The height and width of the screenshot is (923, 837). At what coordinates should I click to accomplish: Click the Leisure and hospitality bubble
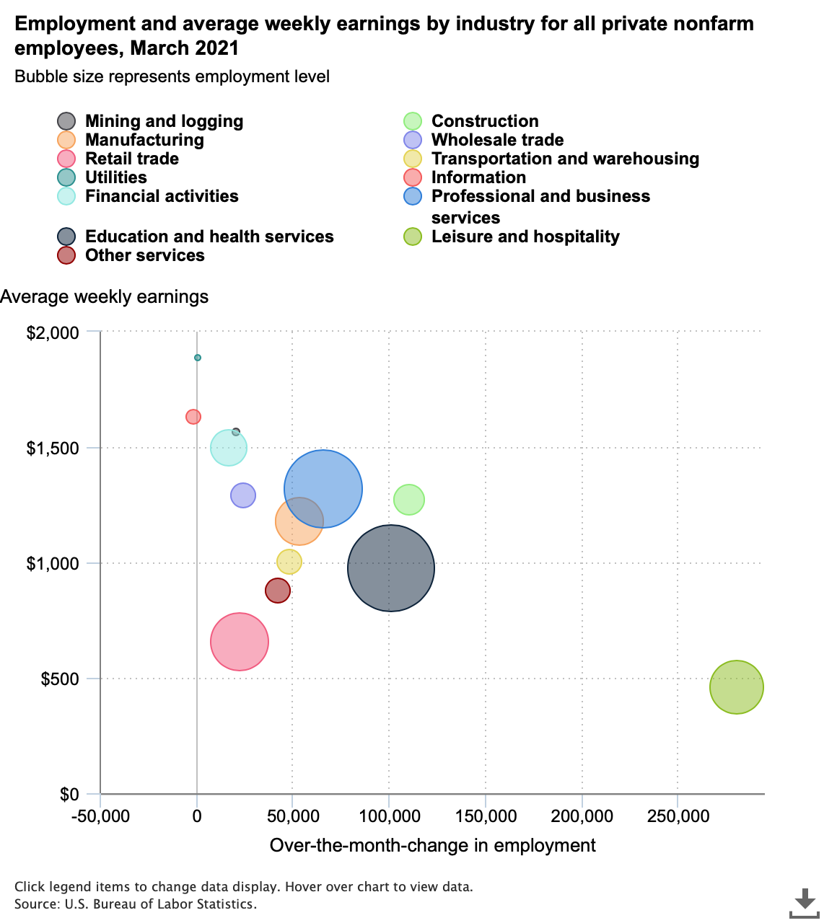coord(736,687)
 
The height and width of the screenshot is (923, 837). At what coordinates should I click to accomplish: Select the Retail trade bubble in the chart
coord(240,642)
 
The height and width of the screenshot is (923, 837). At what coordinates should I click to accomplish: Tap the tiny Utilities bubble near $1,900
coord(198,358)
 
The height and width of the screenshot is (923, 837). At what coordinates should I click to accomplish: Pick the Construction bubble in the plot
coord(409,500)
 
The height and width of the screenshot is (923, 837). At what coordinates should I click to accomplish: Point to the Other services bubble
coord(277,591)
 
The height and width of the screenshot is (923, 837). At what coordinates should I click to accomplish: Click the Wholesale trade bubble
coord(243,495)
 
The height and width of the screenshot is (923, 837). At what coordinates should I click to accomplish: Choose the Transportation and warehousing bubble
coord(289,562)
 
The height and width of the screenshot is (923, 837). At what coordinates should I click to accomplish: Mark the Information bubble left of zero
coord(193,417)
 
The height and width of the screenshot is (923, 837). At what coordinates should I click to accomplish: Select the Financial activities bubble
coord(228,448)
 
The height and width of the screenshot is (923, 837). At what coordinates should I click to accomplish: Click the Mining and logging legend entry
coord(164,121)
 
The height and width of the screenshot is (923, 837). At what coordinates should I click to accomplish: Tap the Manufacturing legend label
coord(144,140)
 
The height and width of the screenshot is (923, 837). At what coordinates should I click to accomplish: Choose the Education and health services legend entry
coord(209,237)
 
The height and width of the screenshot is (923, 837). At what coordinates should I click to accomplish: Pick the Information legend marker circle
coord(413,177)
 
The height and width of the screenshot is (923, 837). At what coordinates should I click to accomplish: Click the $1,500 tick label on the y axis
coord(53,449)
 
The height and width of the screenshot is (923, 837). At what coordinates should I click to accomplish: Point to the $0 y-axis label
coord(70,795)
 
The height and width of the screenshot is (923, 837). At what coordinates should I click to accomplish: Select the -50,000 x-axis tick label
coord(100,816)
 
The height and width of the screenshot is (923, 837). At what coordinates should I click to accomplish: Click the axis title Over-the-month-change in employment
coord(432,845)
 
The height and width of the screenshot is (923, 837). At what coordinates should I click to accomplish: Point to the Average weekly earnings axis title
coord(105,296)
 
